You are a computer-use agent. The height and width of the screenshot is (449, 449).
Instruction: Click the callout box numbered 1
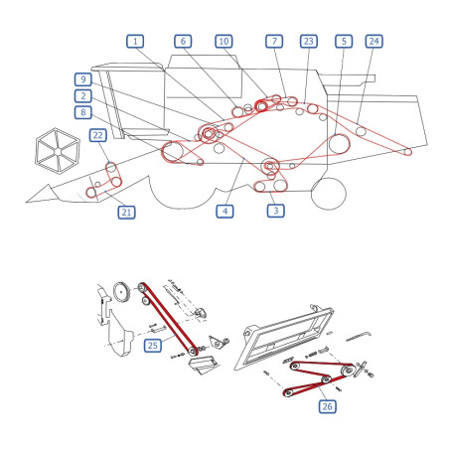(x=135, y=42)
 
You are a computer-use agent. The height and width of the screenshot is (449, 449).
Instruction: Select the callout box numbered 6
(x=183, y=42)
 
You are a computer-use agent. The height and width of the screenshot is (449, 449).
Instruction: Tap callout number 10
(x=224, y=42)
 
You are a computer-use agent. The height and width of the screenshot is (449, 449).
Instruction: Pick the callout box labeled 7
(x=274, y=42)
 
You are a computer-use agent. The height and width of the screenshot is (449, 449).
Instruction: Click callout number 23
(x=309, y=42)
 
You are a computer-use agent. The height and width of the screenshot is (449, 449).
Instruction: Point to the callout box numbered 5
(x=344, y=42)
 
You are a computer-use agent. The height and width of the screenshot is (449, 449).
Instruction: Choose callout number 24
(x=374, y=42)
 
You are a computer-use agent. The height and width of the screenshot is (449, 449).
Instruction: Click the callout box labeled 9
(x=83, y=79)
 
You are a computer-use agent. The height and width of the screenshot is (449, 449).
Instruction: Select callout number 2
(x=83, y=96)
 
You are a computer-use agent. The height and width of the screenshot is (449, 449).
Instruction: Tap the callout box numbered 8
(x=83, y=112)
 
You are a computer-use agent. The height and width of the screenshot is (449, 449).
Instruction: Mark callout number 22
(x=98, y=135)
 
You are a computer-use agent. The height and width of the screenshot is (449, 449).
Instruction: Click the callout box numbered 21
(x=126, y=213)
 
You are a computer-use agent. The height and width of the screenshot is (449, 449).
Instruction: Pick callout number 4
(x=224, y=212)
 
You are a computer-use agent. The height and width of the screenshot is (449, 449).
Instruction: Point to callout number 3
(x=276, y=211)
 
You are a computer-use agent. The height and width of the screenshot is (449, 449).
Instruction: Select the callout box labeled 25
(x=153, y=346)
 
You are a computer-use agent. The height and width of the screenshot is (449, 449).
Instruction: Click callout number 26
(x=328, y=406)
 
